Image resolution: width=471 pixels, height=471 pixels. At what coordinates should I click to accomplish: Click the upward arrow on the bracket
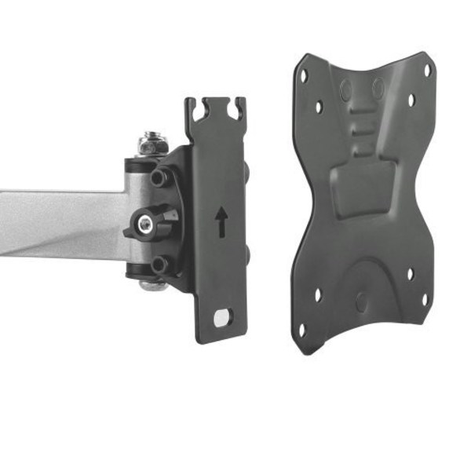point(222,221)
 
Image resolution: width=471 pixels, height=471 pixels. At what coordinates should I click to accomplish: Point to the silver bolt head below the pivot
point(153,284)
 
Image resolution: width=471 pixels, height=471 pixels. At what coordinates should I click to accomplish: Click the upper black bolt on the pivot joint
point(160,178)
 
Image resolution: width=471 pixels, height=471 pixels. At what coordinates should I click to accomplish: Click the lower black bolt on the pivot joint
point(159,264)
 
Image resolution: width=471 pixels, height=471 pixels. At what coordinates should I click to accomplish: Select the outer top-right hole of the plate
point(428,69)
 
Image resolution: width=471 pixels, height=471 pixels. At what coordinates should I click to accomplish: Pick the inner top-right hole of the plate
point(411,101)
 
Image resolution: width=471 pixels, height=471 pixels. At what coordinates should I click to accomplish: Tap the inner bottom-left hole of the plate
point(317,296)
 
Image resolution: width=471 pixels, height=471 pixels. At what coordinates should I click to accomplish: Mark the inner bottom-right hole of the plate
point(410,274)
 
